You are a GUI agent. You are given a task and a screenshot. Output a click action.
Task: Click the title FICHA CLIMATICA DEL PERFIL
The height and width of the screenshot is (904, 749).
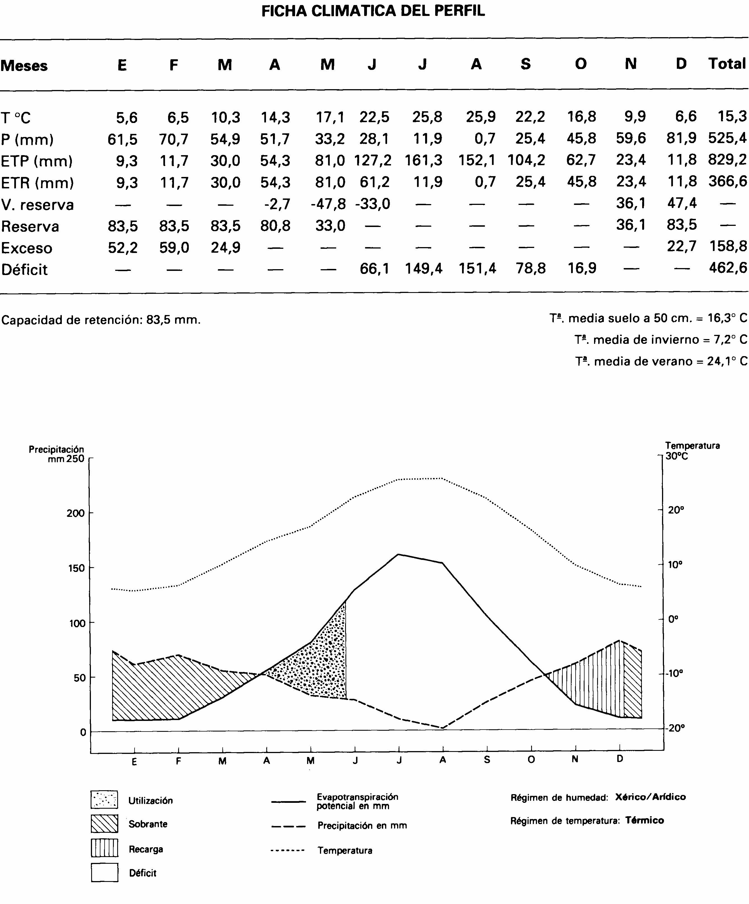click(373, 11)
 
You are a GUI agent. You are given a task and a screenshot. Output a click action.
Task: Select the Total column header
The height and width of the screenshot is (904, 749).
click(727, 64)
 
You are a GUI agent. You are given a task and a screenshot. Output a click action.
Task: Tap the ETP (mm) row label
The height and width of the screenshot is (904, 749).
click(37, 161)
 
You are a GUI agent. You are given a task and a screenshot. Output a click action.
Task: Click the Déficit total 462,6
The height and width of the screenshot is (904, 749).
click(728, 268)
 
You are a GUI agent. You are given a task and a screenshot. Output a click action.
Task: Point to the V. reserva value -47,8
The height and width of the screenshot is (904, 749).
click(328, 203)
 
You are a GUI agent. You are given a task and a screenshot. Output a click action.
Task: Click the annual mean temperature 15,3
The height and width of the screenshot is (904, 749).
click(732, 116)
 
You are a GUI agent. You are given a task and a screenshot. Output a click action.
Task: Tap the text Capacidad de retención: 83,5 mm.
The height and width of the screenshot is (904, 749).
click(101, 320)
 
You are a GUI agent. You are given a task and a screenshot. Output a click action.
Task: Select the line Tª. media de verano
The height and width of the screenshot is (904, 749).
click(661, 361)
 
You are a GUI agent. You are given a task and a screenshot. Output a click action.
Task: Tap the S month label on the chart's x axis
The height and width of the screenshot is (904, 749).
click(487, 760)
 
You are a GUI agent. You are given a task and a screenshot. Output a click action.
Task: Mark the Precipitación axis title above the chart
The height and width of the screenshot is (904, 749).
click(56, 449)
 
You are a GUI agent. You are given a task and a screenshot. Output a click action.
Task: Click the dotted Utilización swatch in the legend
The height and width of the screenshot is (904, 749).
click(104, 800)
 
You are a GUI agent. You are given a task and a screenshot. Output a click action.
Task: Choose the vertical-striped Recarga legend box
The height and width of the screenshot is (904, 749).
click(104, 848)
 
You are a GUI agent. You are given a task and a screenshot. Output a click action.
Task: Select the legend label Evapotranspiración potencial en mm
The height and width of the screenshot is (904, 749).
click(357, 801)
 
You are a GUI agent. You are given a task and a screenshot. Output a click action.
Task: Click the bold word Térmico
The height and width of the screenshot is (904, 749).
click(644, 820)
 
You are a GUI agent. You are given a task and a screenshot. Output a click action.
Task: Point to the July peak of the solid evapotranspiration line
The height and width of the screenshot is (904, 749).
click(398, 555)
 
